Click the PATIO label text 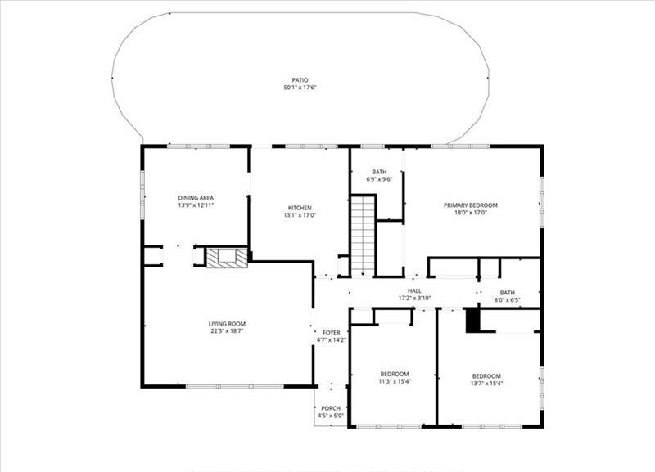(x=300, y=80)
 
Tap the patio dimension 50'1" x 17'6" (x=300, y=88)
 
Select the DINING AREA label (x=196, y=198)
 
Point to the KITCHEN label (x=300, y=208)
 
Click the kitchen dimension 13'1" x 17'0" (x=300, y=215)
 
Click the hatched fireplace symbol (x=228, y=258)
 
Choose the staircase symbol (x=363, y=236)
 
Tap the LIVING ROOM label (x=227, y=324)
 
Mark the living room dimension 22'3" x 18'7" (x=227, y=331)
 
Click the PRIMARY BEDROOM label (x=470, y=205)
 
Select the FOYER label (x=332, y=333)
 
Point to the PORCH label (x=331, y=408)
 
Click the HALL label (x=414, y=291)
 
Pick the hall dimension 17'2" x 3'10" (x=414, y=299)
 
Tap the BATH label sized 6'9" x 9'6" (x=379, y=172)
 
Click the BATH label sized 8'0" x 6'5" (x=507, y=293)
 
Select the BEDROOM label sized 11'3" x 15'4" (x=395, y=374)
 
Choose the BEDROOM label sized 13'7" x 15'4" (x=486, y=376)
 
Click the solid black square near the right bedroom (x=472, y=321)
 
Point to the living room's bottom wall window (x=235, y=387)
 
